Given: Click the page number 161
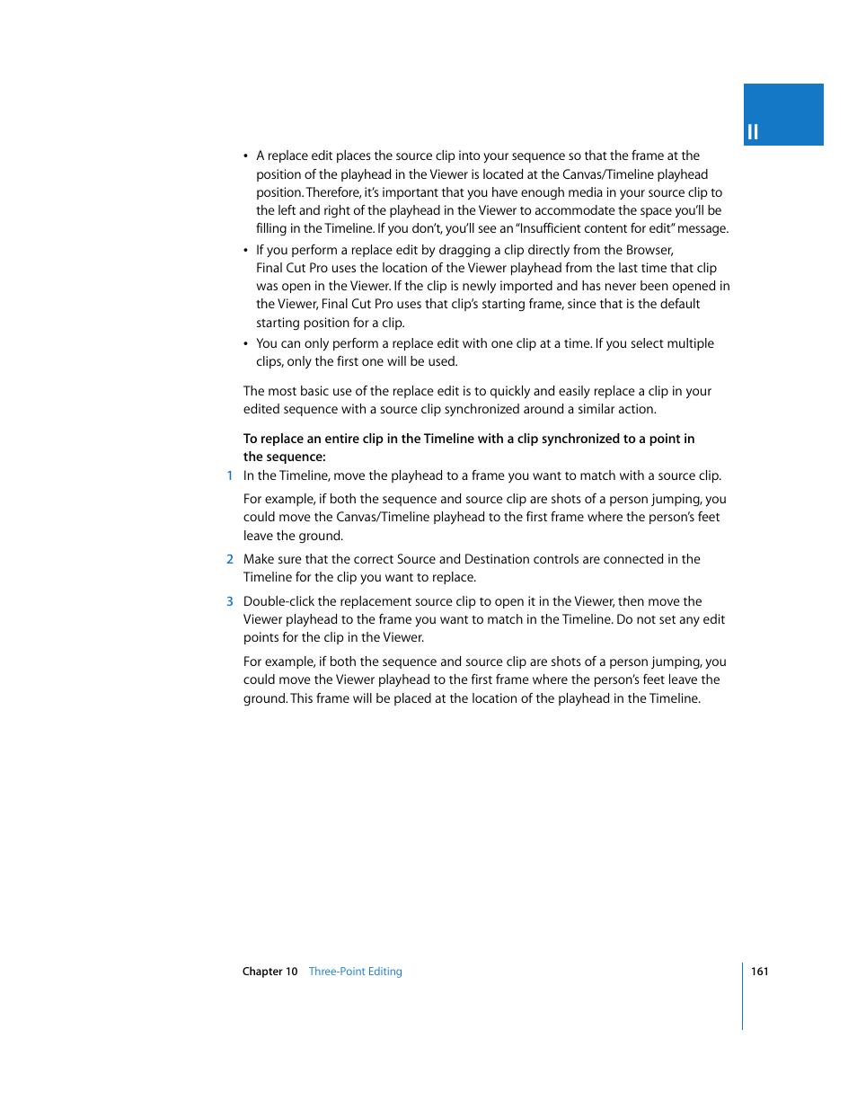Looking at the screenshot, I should [759, 971].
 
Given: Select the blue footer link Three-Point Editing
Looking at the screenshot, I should [355, 971].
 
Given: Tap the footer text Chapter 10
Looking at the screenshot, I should [269, 971].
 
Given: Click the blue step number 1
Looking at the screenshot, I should [230, 475].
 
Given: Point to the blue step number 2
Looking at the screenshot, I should [230, 559].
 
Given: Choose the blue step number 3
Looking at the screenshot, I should [230, 601].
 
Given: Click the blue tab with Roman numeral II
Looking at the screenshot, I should [782, 115].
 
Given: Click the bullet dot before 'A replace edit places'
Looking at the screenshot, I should [246, 156].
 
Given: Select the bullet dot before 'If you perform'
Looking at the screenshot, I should [246, 251].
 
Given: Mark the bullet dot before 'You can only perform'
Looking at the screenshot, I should [246, 344].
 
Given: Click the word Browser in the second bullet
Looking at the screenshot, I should [649, 250].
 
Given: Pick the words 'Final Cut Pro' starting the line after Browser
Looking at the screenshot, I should [292, 268].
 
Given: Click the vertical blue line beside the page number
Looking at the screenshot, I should [743, 996].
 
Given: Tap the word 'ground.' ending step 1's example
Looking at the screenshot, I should [321, 536].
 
